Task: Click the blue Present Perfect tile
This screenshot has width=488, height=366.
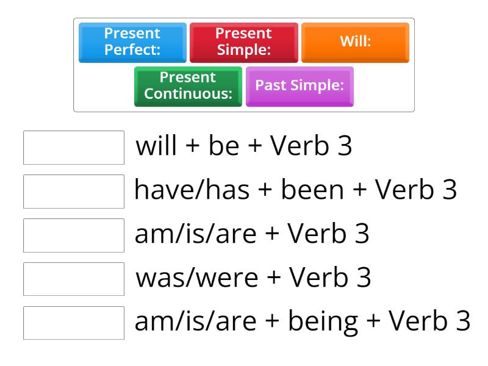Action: point(132,42)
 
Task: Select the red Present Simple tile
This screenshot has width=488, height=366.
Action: point(244,42)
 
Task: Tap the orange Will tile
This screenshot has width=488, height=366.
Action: point(355,42)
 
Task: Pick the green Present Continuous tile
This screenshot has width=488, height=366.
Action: point(188,86)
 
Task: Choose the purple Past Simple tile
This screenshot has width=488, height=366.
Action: point(300,86)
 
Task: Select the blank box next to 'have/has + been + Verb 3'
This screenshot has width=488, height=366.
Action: point(74,191)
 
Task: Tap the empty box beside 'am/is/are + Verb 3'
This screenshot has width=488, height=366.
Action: point(74,235)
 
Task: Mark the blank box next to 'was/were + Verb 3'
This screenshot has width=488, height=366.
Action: point(74,279)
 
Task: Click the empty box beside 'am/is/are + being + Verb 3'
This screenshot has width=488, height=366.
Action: point(74,323)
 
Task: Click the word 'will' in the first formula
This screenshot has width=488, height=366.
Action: point(156,147)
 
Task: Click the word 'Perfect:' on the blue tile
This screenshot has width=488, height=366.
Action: point(132,49)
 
